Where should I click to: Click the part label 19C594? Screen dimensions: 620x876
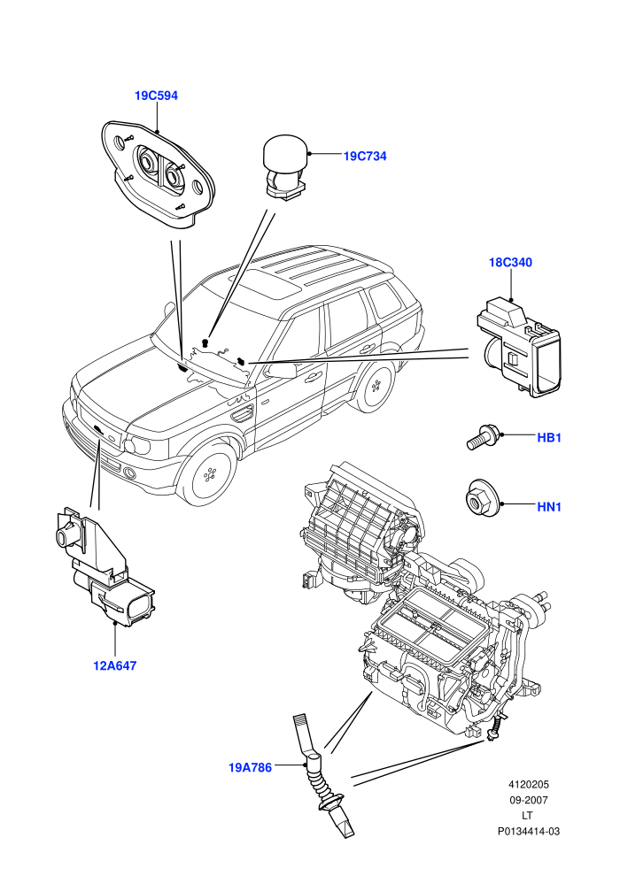156,96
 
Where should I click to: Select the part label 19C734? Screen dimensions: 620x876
365,157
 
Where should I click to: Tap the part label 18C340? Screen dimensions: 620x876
510,263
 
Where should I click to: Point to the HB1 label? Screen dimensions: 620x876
549,438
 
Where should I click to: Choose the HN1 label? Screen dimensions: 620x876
549,507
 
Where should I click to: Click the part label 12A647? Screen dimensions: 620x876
114,666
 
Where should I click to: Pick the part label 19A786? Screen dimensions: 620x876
250,768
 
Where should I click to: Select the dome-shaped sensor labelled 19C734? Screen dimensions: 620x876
287,165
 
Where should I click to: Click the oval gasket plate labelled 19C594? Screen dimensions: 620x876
159,173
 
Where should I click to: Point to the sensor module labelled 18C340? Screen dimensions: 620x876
518,347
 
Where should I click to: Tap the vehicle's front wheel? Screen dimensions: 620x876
211,475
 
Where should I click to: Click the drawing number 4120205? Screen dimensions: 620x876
528,784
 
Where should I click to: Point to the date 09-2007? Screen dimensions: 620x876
528,800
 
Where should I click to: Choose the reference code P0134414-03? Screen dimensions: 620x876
528,831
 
